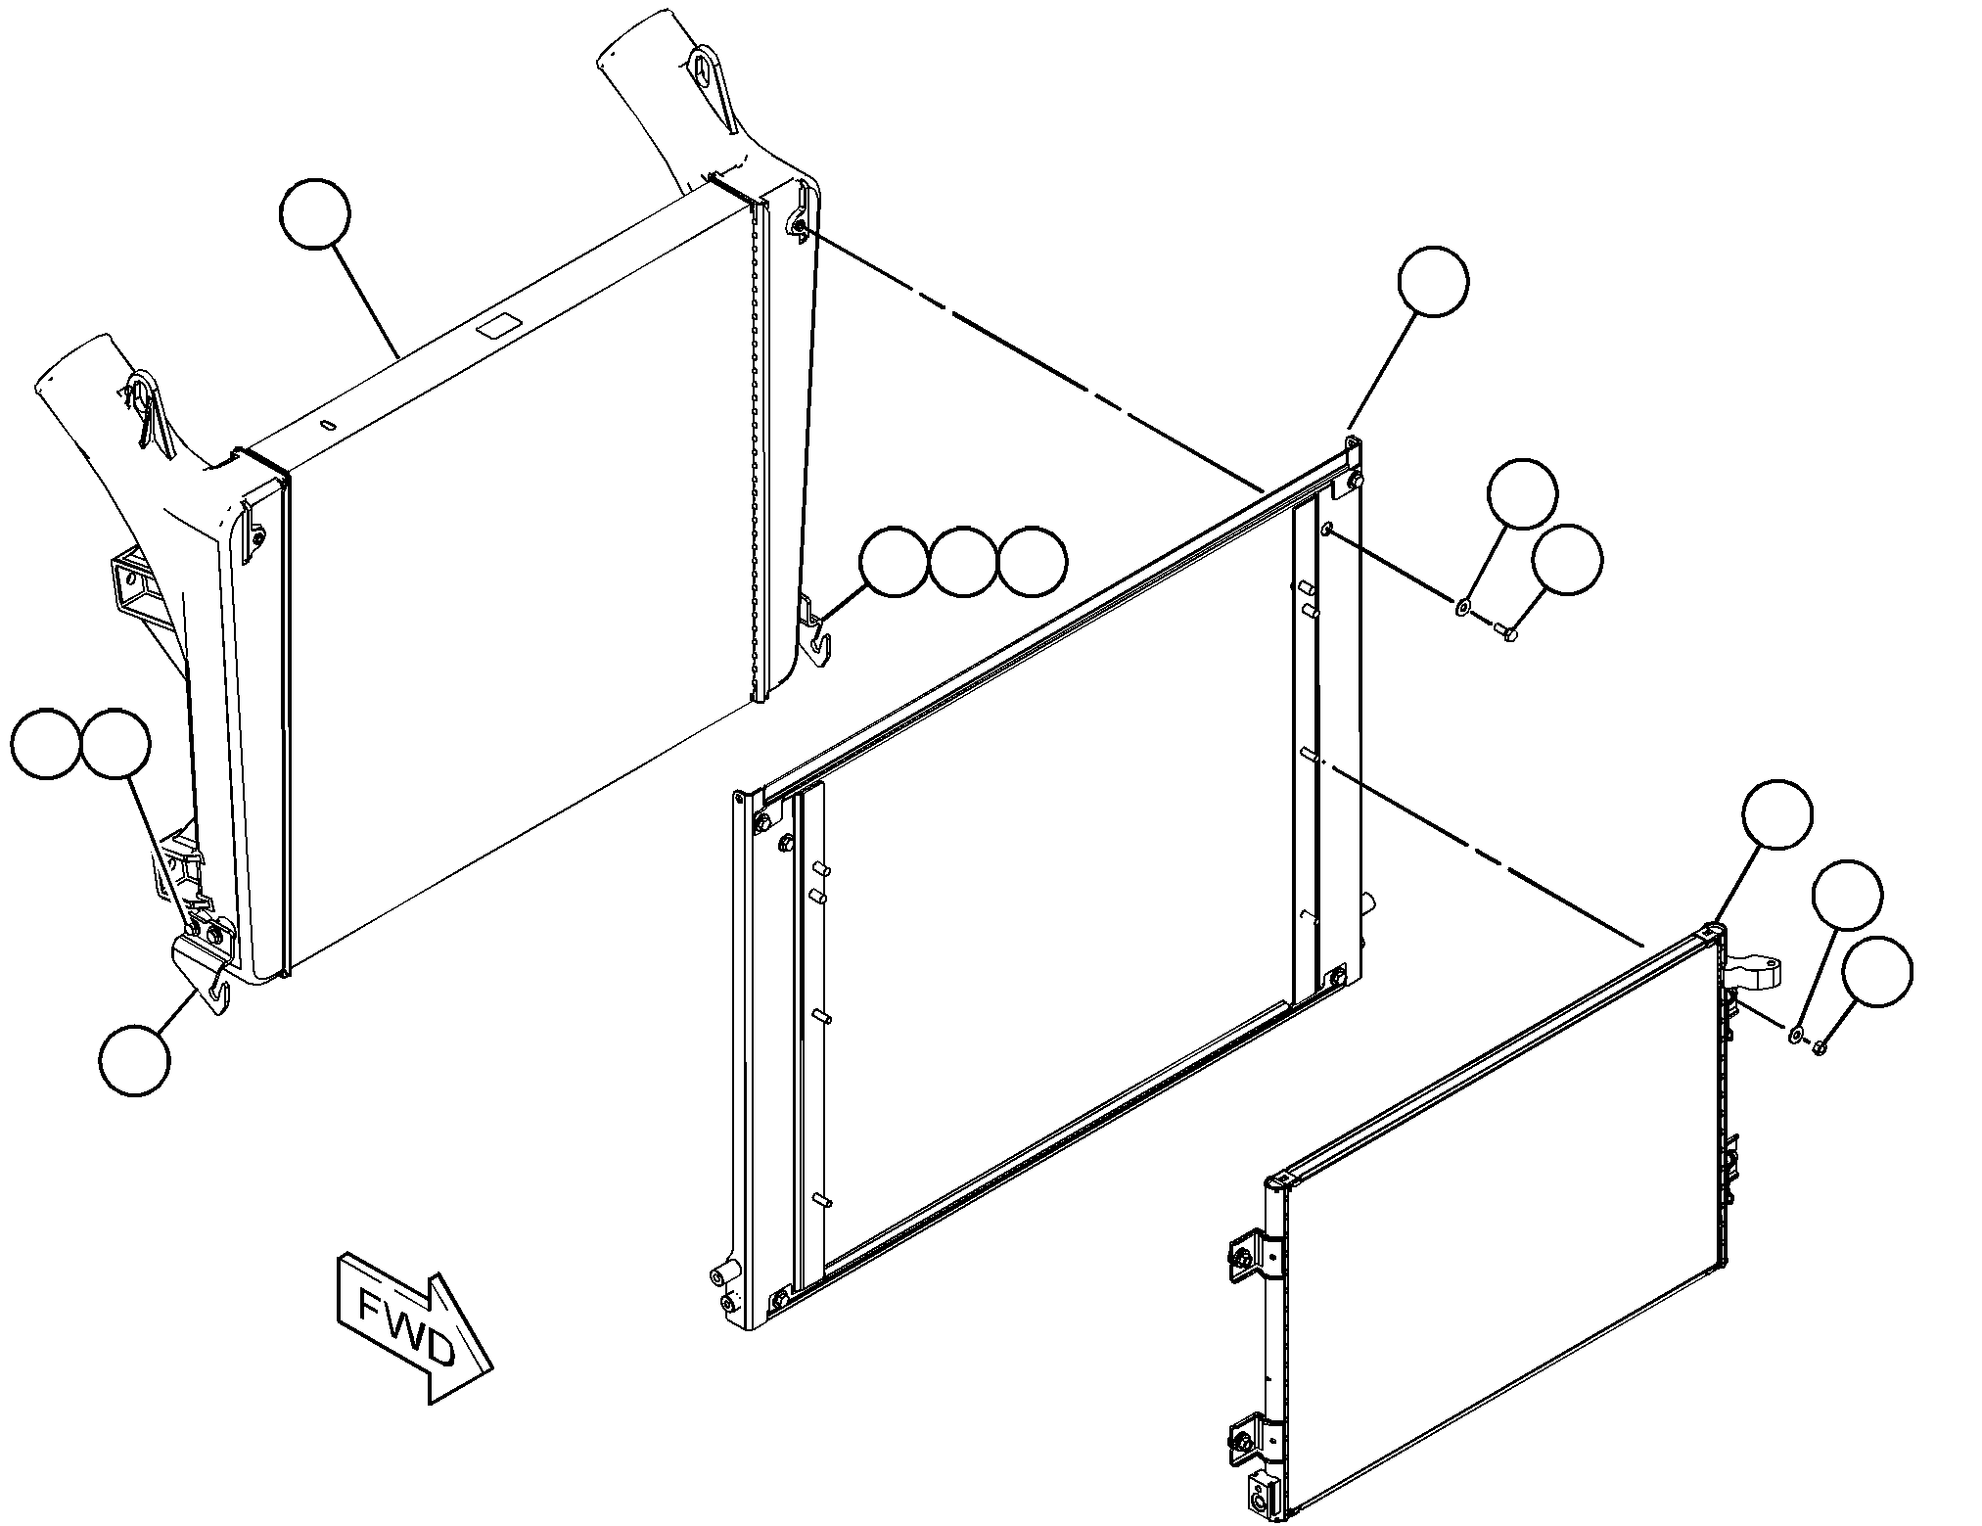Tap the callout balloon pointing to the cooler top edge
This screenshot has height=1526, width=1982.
click(314, 212)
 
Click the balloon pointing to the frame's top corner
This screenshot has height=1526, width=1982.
click(1433, 282)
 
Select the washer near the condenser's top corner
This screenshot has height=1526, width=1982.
click(1797, 1034)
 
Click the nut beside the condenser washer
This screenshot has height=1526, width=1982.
click(1819, 1047)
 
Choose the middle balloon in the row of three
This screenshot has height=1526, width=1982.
click(963, 563)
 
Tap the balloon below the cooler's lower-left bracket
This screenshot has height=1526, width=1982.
click(134, 1059)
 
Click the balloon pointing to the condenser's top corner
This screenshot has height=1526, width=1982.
click(1776, 814)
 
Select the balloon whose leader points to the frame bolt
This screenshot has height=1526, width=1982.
click(1567, 559)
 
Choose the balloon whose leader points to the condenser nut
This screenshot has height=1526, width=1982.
click(1876, 971)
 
